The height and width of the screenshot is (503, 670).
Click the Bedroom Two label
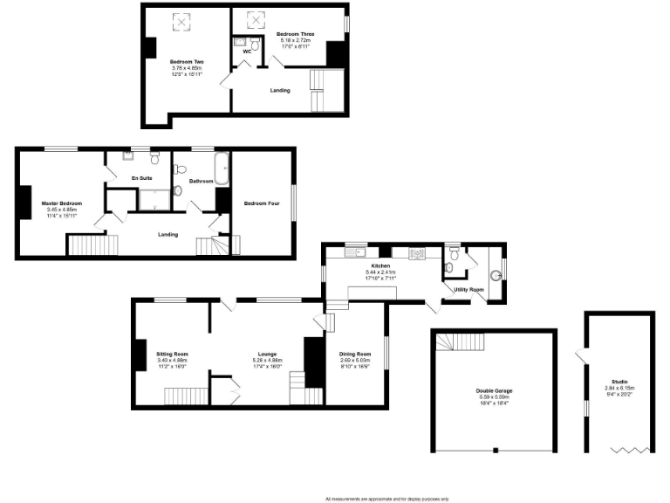187,62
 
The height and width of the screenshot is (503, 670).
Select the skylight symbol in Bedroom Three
256,18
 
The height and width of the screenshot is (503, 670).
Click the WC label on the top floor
247,51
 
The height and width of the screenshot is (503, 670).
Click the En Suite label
141,178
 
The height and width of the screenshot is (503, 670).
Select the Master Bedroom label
60,203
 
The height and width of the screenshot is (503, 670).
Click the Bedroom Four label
260,203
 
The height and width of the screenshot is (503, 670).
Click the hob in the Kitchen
414,253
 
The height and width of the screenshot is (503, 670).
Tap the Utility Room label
468,288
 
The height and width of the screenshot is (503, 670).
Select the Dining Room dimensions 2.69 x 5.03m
355,359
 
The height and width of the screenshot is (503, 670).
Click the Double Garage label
494,390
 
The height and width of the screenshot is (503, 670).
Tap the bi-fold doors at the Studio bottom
629,449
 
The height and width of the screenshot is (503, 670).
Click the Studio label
619,382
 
